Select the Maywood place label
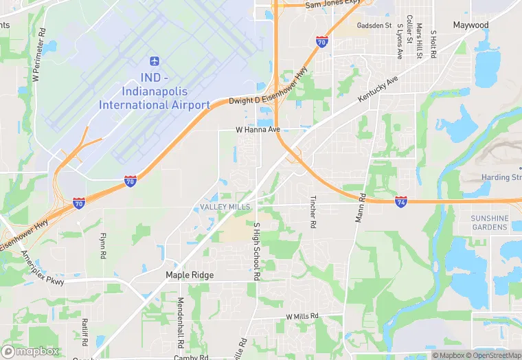[470, 25]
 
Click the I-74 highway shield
[401, 201]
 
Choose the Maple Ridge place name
[190, 275]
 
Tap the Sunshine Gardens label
[490, 223]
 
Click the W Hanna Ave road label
[258, 129]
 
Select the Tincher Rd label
[313, 212]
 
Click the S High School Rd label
[257, 251]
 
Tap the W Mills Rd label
[302, 316]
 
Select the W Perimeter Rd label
[38, 56]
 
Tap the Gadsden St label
[374, 25]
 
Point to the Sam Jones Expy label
[332, 3]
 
